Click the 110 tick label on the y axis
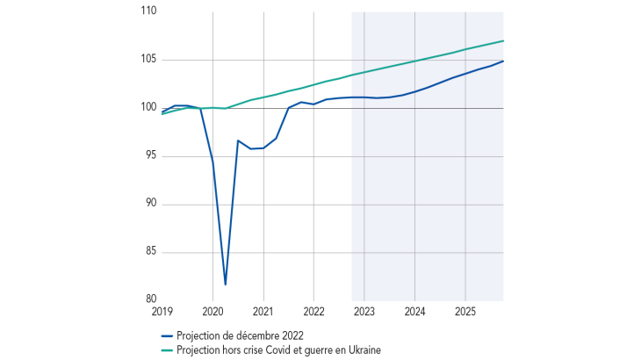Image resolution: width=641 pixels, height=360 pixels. tap(148, 11)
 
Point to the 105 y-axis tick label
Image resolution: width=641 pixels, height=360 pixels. tap(148, 60)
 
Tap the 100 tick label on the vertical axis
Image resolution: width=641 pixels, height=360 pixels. tap(148, 108)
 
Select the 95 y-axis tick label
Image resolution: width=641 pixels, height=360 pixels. tap(150, 156)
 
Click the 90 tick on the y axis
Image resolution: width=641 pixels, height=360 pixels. tap(150, 204)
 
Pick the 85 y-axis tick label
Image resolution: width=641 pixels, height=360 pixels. tap(150, 252)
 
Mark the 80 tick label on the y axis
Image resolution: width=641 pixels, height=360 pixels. tap(150, 299)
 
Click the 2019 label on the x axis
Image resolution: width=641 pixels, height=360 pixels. tap(162, 312)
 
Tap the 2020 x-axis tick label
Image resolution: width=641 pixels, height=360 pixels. tap(213, 312)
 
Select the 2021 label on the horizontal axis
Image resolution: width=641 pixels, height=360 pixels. tap(263, 312)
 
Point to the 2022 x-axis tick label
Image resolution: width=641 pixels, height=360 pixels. tap(314, 312)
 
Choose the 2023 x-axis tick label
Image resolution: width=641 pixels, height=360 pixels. tap(364, 312)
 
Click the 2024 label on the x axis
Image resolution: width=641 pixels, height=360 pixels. tap(415, 312)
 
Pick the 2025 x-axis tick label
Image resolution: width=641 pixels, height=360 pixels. tap(465, 312)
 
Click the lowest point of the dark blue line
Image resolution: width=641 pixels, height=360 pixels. tap(226, 284)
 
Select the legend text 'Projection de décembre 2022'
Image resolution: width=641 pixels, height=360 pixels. tap(240, 335)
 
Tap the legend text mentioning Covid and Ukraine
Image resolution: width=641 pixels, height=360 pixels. tap(278, 349)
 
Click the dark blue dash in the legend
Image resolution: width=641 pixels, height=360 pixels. tap(168, 335)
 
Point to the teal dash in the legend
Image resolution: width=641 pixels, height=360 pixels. tap(168, 349)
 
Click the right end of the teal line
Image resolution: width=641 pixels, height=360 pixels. tap(503, 41)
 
